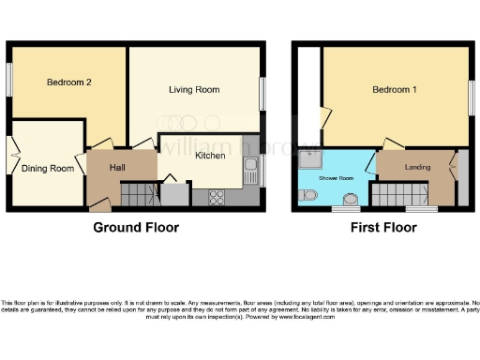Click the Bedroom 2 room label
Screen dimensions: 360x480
pos(69,82)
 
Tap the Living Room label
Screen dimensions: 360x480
pos(194,90)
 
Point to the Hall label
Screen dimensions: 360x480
pos(118,167)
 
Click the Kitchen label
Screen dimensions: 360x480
pos(210,157)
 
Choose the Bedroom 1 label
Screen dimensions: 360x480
pos(395,90)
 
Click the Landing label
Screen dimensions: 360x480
pos(417,168)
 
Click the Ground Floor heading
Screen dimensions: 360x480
pos(136,228)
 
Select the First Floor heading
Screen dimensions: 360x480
pos(382,228)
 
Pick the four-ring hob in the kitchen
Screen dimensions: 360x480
pos(216,197)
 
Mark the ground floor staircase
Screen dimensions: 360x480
pos(142,196)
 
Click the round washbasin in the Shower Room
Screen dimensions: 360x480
pos(350,200)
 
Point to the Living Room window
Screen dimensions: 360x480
pos(262,94)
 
